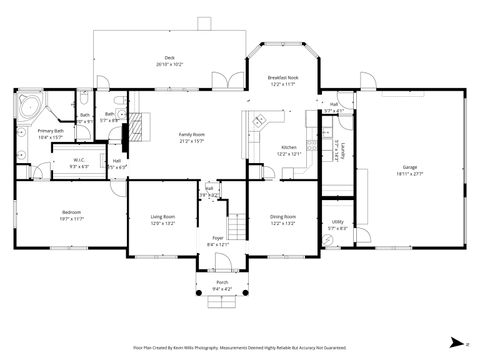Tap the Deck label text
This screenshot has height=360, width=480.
(170, 58)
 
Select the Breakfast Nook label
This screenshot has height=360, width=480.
(283, 78)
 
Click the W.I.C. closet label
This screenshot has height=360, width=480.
(79, 160)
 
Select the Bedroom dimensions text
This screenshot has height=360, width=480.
(71, 218)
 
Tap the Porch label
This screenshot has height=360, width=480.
(222, 283)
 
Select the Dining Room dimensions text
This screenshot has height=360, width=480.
(283, 223)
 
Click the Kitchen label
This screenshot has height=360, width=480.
(288, 147)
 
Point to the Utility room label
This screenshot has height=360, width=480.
(337, 222)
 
